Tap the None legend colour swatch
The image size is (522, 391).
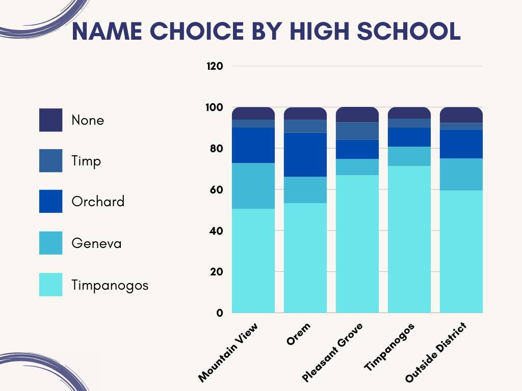pyautogui.click(x=50, y=120)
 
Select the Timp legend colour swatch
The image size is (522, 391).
pyautogui.click(x=50, y=161)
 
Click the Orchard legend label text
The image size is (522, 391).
pyautogui.click(x=98, y=202)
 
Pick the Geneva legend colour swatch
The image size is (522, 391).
pyautogui.click(x=50, y=243)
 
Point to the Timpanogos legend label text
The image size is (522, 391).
pyautogui.click(x=110, y=285)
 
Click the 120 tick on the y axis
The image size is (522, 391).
pyautogui.click(x=215, y=66)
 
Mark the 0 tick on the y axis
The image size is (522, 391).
pyautogui.click(x=220, y=313)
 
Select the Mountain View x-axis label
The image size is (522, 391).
pyautogui.click(x=229, y=352)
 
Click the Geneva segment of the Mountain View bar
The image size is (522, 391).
pyautogui.click(x=253, y=186)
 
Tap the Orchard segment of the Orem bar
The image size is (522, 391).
pyautogui.click(x=305, y=155)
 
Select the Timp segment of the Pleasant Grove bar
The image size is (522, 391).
pyautogui.click(x=357, y=131)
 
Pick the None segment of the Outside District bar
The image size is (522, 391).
pyautogui.click(x=461, y=115)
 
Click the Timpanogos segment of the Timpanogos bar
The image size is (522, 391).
pyautogui.click(x=409, y=239)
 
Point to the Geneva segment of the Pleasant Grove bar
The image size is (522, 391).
pyautogui.click(x=357, y=167)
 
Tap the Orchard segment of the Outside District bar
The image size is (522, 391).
pyautogui.click(x=461, y=144)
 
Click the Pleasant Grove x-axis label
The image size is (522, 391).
pyautogui.click(x=332, y=352)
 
